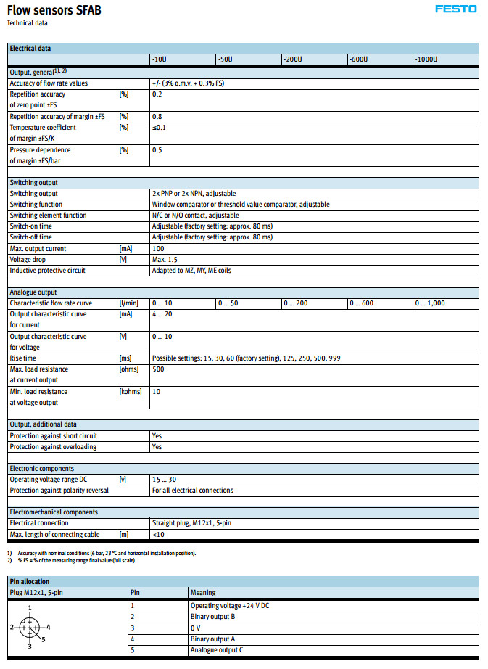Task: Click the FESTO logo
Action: tap(456, 9)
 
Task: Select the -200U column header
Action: tap(294, 59)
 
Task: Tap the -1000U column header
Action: tap(427, 59)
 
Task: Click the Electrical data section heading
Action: tap(30, 48)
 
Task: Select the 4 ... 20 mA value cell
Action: tap(162, 313)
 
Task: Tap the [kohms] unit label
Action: tap(131, 391)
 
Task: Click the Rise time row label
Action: tap(23, 358)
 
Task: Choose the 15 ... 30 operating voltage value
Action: tap(163, 479)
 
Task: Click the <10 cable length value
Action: tap(157, 534)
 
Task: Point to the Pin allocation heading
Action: tap(30, 581)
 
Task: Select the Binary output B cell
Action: tap(212, 616)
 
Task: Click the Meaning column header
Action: tap(202, 592)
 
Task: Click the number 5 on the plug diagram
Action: tap(43, 639)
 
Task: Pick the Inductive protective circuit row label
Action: tap(47, 270)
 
